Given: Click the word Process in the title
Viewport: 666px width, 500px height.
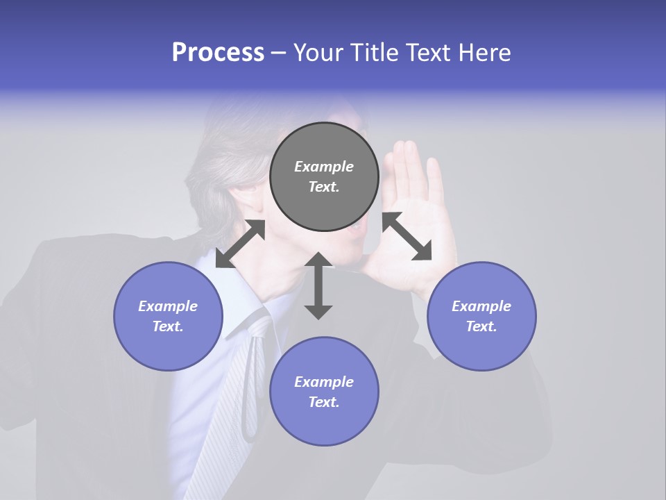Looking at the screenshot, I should (218, 53).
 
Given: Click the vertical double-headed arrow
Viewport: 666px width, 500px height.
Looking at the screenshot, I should (318, 285).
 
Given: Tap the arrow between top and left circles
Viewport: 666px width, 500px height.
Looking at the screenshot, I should (240, 243).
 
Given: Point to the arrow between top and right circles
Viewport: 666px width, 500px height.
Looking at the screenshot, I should (407, 236).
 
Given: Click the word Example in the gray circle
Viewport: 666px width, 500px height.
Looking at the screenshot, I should (324, 167).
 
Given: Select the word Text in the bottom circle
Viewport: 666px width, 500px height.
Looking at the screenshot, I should (324, 402).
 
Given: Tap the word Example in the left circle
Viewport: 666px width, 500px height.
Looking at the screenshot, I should (168, 306).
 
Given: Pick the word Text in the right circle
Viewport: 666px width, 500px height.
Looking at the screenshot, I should (481, 326).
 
